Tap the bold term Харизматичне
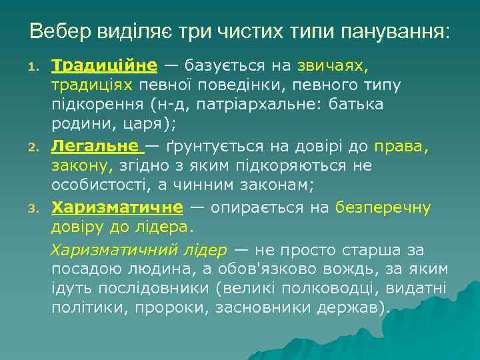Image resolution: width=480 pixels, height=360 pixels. coord(117,208)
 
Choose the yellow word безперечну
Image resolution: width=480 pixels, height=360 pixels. coord(383,208)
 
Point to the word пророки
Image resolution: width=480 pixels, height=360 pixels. coord(173,308)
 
